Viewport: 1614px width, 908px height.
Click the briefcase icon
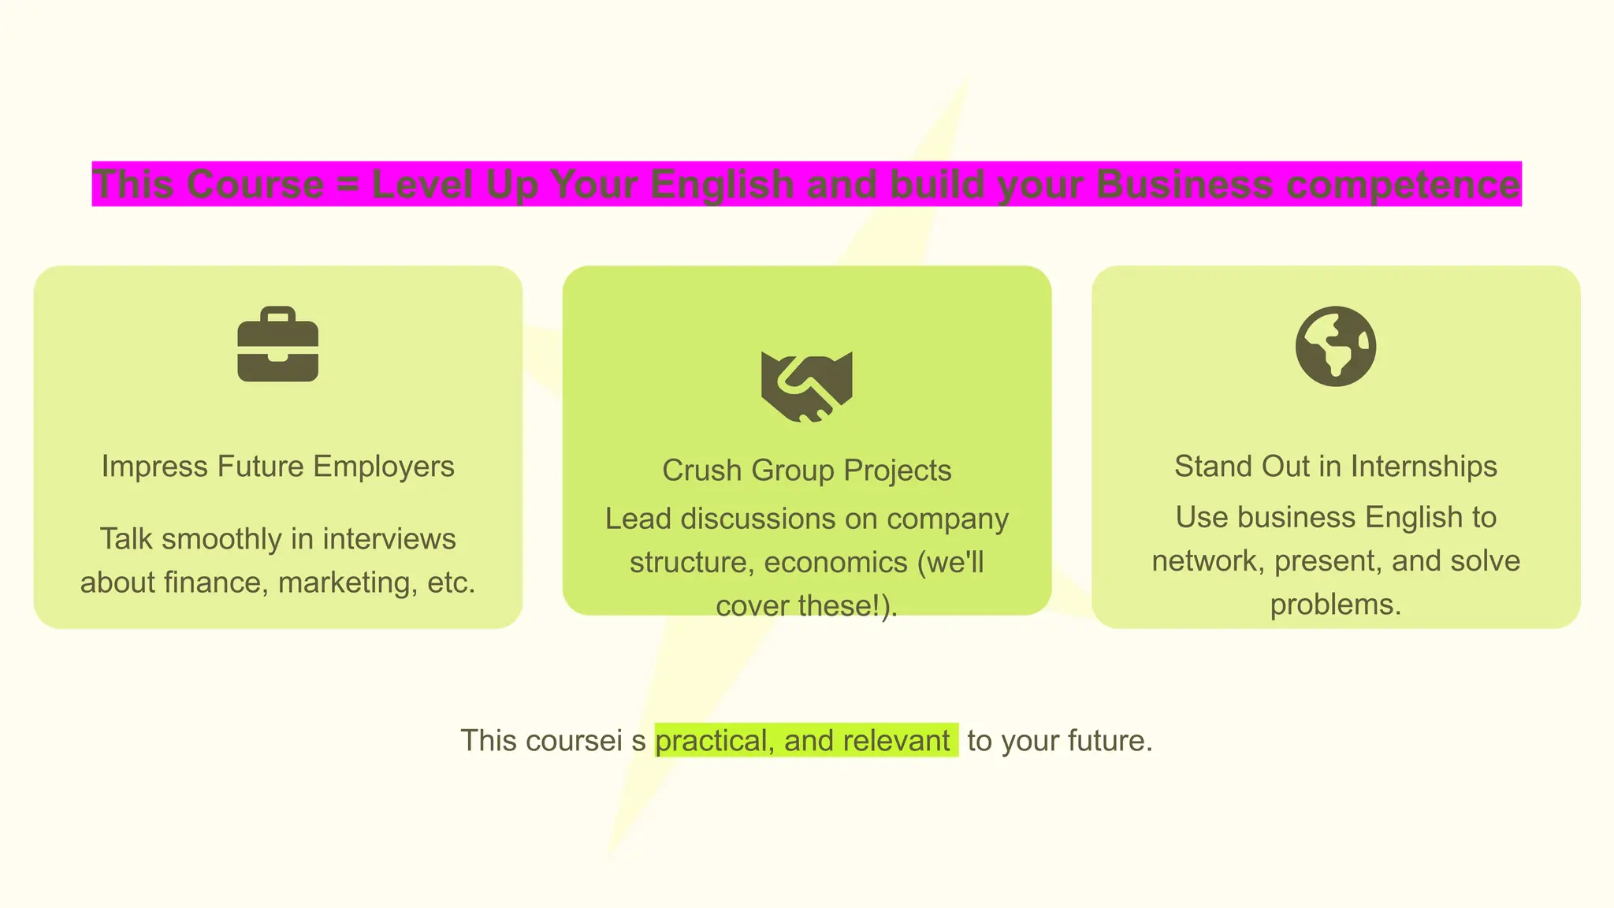(277, 344)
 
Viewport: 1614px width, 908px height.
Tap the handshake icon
(806, 386)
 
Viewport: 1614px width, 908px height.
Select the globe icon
(1335, 346)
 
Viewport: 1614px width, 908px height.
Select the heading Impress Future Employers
(277, 466)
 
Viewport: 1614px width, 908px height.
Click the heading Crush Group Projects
(806, 470)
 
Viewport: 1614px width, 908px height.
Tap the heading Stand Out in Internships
(1335, 466)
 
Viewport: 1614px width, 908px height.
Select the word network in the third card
(1207, 561)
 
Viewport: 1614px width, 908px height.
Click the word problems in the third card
(1335, 605)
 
